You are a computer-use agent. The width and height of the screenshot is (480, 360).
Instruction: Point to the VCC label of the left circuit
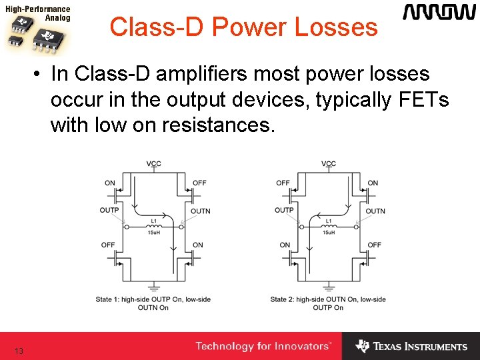153,164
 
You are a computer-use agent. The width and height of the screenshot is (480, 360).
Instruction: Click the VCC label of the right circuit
329,164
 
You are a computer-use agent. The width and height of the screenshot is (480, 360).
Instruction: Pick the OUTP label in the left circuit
109,211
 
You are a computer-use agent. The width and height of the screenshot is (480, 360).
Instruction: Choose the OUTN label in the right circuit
375,211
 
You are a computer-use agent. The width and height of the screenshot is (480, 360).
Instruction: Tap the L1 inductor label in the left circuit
153,221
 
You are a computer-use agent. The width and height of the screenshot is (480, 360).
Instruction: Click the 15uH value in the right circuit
329,232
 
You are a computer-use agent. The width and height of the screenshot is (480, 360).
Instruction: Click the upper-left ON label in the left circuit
109,183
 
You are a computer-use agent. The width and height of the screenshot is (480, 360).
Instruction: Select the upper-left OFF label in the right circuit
283,183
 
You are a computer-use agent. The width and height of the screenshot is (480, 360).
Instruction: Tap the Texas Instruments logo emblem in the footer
362,347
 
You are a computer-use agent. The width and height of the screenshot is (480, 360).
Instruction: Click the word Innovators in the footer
303,347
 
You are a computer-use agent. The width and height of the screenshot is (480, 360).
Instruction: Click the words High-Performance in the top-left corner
38,10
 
